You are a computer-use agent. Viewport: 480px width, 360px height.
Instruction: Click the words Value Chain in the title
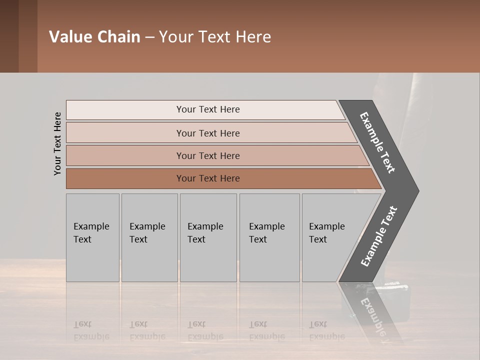94,37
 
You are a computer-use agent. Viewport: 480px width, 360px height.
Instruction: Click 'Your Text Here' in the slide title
215,37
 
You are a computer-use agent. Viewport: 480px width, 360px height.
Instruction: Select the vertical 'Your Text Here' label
57,143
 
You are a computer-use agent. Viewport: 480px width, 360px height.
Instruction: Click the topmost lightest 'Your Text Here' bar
208,109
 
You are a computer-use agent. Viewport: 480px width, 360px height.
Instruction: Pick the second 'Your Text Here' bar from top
208,133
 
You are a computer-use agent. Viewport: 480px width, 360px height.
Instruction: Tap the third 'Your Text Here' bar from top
208,155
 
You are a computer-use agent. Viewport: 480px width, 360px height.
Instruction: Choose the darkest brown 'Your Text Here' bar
208,178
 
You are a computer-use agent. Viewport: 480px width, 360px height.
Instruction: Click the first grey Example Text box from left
92,237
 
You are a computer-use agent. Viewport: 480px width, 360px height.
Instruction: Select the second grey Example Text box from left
149,237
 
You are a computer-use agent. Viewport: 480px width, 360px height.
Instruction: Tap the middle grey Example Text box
208,237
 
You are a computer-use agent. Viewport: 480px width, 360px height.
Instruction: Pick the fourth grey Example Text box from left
269,237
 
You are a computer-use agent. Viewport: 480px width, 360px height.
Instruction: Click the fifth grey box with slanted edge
330,237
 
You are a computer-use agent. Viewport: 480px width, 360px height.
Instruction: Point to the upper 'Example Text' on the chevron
378,142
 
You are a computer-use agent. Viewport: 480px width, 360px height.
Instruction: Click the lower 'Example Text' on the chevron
379,236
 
